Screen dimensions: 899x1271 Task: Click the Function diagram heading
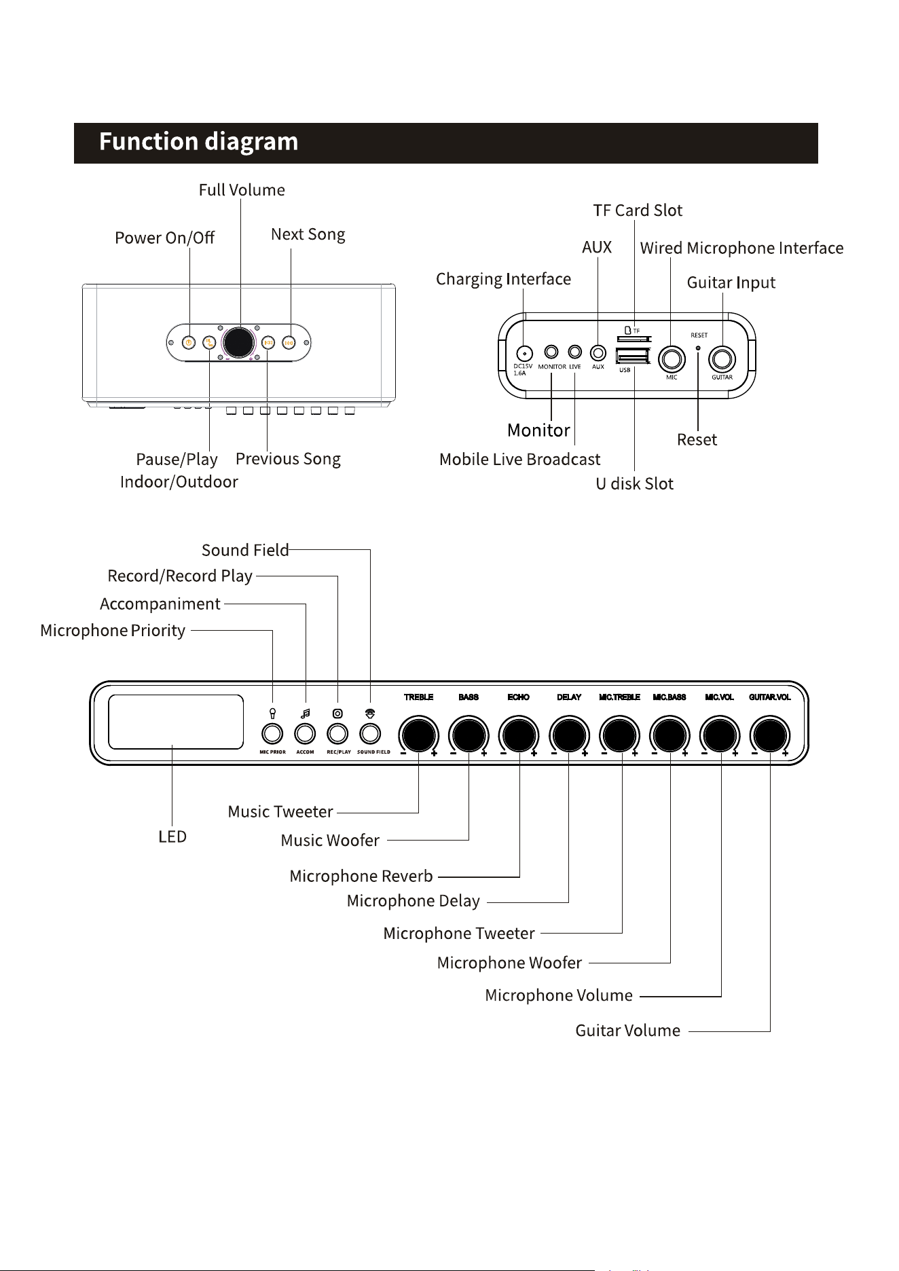[198, 142]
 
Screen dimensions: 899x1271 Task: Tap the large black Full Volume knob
[239, 343]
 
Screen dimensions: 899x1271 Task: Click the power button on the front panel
[189, 343]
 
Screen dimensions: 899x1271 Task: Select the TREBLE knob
[418, 735]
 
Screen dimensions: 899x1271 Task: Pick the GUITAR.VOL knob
[770, 735]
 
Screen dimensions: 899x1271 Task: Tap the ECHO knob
[519, 735]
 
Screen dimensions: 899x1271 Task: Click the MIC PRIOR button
[272, 733]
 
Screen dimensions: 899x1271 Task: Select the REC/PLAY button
[337, 733]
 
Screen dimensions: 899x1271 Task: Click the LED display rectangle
[176, 722]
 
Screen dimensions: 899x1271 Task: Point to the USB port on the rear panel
[633, 356]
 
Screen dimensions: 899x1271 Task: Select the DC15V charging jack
[524, 353]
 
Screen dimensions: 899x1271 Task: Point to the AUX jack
[598, 352]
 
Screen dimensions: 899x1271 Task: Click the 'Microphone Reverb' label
[361, 877]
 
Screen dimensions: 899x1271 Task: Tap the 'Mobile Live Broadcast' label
[519, 460]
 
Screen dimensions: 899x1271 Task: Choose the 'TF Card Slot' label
[638, 210]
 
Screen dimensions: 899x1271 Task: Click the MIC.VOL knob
[720, 735]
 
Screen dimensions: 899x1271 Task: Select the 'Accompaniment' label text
[160, 604]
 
